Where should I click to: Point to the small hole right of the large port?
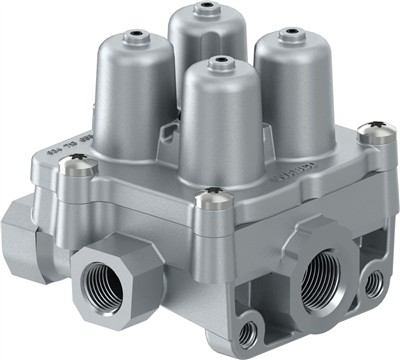coord(374,283)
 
